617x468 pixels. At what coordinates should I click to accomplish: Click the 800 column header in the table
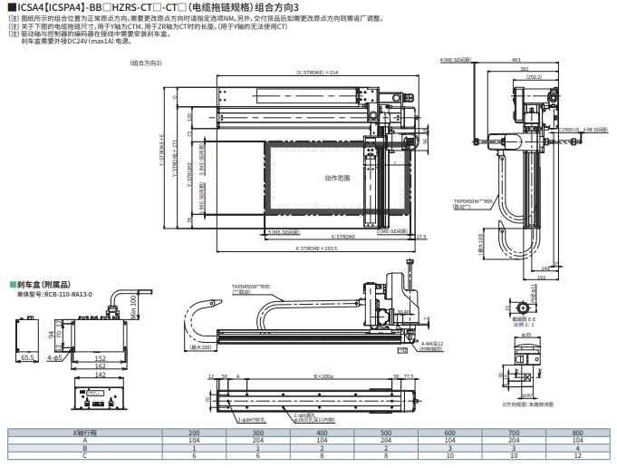(x=577, y=433)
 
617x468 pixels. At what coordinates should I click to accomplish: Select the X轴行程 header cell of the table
(x=85, y=433)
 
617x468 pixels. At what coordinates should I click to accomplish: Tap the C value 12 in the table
(x=577, y=455)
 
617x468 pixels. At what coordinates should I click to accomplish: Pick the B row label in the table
(x=85, y=448)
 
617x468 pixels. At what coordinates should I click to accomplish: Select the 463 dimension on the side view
(x=527, y=61)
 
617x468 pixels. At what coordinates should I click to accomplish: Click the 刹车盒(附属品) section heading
(x=40, y=284)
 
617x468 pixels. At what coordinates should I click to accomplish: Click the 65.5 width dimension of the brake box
(x=28, y=358)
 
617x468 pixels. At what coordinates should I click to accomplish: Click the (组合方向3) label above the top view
(x=146, y=63)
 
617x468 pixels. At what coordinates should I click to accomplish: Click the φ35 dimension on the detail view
(x=525, y=336)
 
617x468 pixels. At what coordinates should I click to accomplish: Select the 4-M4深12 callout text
(x=434, y=344)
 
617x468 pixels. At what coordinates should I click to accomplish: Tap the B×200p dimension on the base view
(x=323, y=375)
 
